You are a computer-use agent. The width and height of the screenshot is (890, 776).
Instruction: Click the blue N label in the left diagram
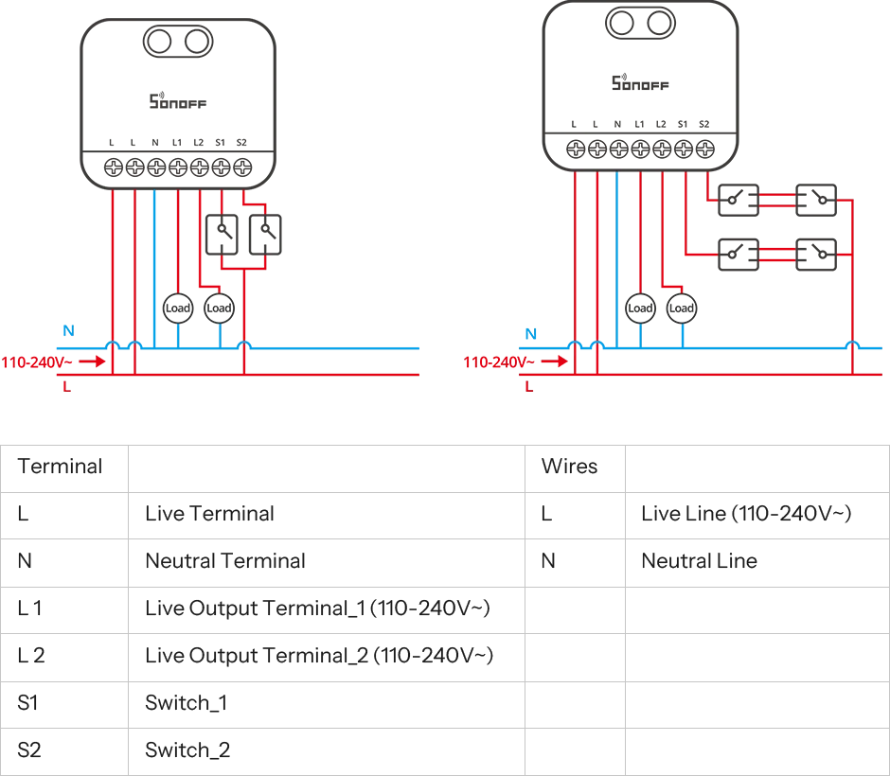[x=67, y=328]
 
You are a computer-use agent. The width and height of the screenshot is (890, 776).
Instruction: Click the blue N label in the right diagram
[x=530, y=333]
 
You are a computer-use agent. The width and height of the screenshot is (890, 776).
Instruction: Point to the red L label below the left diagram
[x=66, y=386]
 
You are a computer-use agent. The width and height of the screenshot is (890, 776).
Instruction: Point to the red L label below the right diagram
[x=529, y=386]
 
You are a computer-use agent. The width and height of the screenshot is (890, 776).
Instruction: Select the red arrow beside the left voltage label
[x=88, y=362]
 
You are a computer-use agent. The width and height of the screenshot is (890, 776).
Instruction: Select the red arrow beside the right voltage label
[x=552, y=362]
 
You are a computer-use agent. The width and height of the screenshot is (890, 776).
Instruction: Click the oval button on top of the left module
[x=178, y=41]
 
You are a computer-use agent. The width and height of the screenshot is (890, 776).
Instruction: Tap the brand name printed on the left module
[x=177, y=102]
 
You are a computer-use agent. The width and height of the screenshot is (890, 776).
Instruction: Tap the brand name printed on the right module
[x=639, y=81]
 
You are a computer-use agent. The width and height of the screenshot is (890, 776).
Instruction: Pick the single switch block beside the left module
[x=245, y=235]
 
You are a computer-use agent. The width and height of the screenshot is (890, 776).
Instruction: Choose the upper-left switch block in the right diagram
[x=738, y=201]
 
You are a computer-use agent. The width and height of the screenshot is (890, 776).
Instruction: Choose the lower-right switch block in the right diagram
[x=818, y=253]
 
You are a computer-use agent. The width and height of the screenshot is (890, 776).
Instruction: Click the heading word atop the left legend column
[x=60, y=466]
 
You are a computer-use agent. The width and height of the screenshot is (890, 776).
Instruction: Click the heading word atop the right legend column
[x=567, y=467]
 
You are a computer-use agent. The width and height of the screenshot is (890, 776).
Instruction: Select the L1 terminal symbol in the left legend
[x=30, y=609]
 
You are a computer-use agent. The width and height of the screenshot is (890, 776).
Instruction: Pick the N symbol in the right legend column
[x=549, y=565]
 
